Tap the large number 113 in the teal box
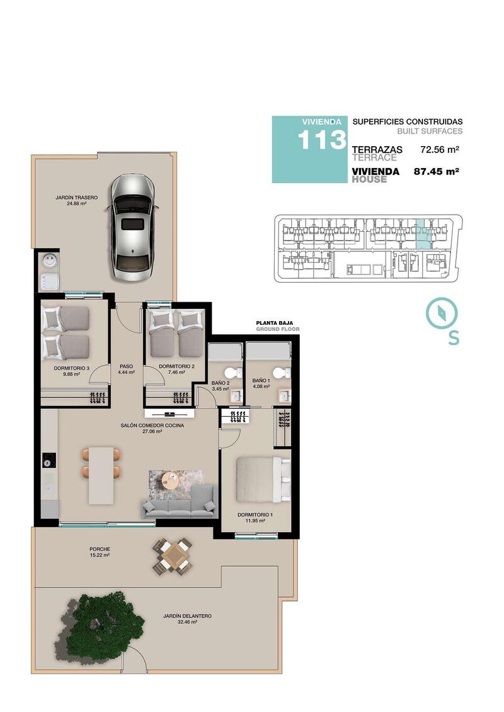click(321, 140)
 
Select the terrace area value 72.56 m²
click(439, 150)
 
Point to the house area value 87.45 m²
click(435, 171)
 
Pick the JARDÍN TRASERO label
click(70, 198)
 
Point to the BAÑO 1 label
click(261, 381)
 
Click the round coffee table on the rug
click(170, 482)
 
